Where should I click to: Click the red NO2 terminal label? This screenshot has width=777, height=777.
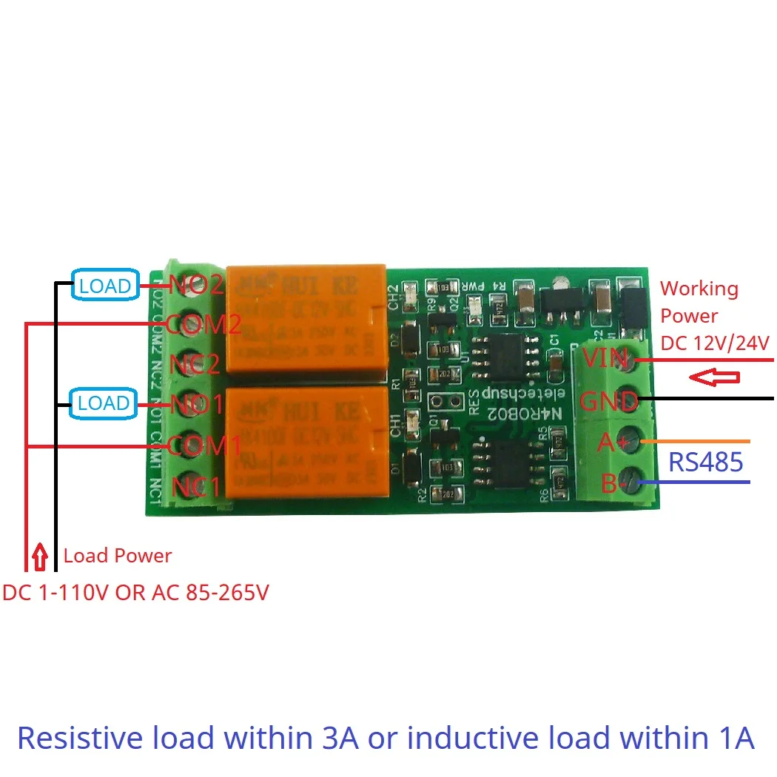[196, 285]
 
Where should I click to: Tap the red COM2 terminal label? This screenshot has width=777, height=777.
[203, 324]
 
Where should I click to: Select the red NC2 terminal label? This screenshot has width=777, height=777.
[195, 364]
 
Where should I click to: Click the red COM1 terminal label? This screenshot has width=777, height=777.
[203, 446]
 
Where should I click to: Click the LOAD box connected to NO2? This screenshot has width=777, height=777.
[105, 286]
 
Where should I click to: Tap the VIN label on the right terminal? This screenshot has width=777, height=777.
[605, 360]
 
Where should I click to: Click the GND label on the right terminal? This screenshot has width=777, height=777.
[608, 402]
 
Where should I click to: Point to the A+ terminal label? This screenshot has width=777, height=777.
[611, 443]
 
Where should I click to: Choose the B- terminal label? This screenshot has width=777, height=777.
[611, 484]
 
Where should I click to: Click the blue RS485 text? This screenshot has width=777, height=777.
[705, 462]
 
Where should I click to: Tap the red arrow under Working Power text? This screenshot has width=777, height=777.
[714, 377]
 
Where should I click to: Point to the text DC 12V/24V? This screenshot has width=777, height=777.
[715, 343]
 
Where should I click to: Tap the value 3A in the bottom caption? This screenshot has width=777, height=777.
[340, 738]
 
